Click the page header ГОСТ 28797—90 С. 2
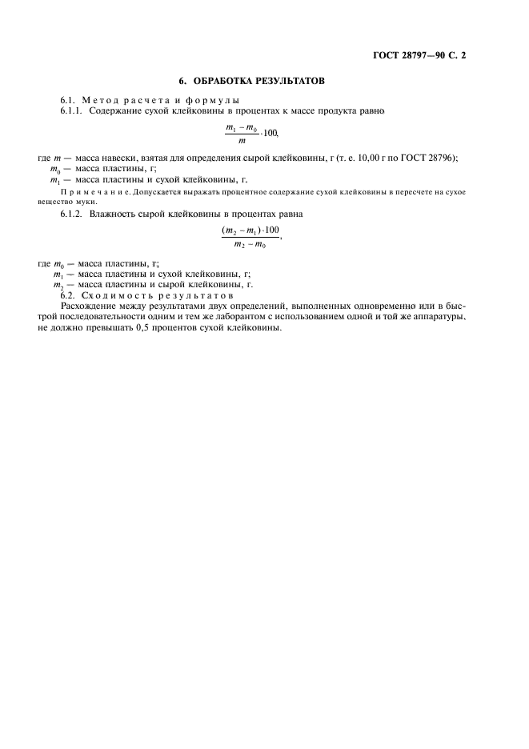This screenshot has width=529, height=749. point(419,56)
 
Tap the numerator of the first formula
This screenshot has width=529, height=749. point(241,127)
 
